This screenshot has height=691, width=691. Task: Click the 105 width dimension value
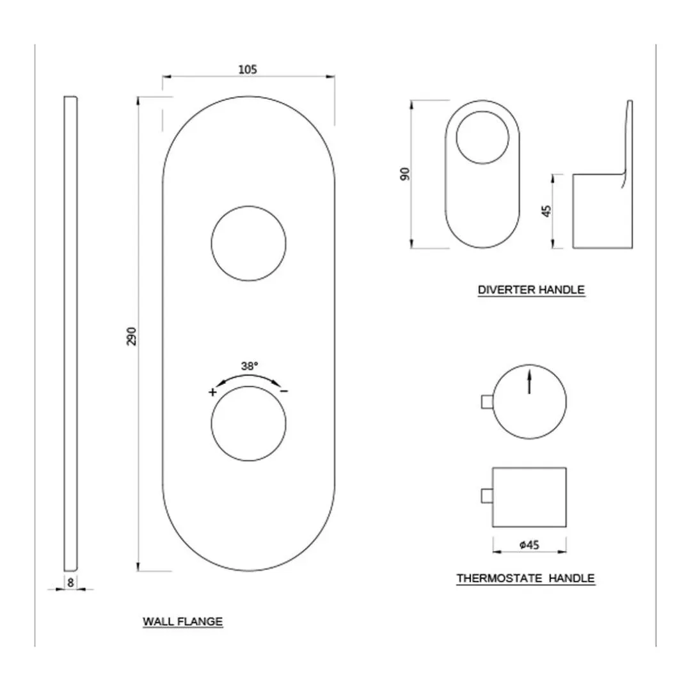247,70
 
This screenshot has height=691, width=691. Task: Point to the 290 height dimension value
132,337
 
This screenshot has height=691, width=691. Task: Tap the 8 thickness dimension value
70,583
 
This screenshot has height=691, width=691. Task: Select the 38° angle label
250,366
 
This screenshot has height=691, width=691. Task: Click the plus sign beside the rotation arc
212,392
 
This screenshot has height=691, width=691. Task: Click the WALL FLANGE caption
182,621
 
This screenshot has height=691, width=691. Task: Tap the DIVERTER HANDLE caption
531,290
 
